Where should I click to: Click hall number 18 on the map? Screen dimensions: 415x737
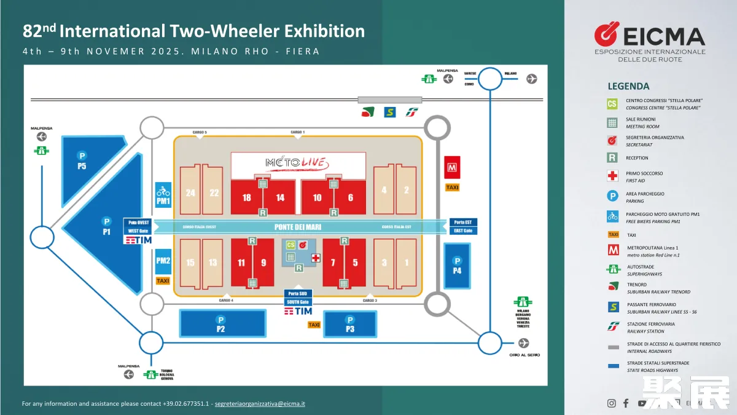[x=247, y=197]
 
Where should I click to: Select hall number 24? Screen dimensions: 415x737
[x=190, y=193]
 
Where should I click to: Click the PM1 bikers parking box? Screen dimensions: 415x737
[x=163, y=195]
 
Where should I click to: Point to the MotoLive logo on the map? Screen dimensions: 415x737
[x=298, y=163]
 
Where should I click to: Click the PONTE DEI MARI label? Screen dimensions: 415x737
[x=298, y=227]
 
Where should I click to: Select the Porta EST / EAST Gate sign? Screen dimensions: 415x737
[x=463, y=226]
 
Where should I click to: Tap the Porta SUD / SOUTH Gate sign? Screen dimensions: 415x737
[x=298, y=298]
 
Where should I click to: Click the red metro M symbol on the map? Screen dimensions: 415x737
[x=452, y=167]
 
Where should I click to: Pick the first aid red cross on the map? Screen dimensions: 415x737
[x=316, y=257]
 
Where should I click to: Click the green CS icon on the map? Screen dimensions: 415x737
[x=291, y=245]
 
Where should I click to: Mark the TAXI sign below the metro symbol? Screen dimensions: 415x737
[x=452, y=188]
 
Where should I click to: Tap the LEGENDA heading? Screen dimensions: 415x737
[x=628, y=86]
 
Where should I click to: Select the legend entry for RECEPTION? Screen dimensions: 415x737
[x=637, y=158]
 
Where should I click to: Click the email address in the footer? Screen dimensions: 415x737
[x=260, y=404]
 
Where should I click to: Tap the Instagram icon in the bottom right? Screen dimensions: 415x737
[x=611, y=403]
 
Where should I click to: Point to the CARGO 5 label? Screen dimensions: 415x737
[x=200, y=132]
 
